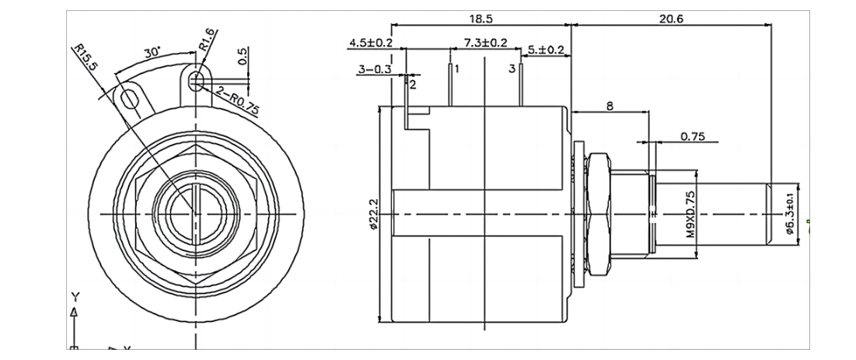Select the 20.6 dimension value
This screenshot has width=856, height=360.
click(670, 17)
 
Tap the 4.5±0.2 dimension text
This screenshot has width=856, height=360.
click(371, 44)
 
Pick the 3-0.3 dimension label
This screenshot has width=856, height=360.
click(375, 69)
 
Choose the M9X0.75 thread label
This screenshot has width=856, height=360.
click(690, 215)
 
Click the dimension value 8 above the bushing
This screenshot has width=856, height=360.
click(610, 103)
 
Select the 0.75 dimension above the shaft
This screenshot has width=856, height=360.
click(692, 135)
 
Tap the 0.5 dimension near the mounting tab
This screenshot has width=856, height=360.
click(243, 56)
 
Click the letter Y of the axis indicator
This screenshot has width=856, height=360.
click(75, 296)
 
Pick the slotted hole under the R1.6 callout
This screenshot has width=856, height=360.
click(197, 80)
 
